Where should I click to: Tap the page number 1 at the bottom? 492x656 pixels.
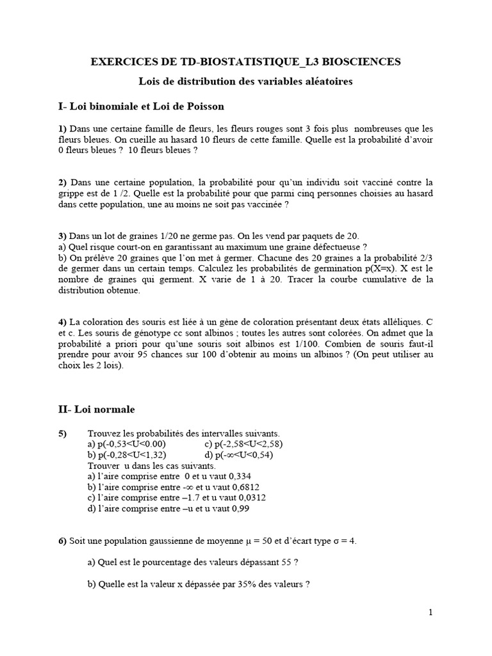(430, 613)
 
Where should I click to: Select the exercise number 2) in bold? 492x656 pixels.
(63, 183)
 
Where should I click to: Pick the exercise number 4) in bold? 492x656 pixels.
(63, 320)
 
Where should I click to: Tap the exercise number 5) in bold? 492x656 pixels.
(63, 434)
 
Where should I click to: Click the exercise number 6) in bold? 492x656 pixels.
(63, 541)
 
